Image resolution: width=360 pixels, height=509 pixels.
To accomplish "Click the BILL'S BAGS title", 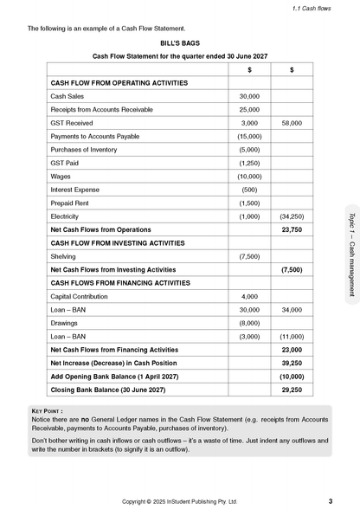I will pos(179,42).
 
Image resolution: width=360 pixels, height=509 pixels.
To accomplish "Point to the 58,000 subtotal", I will pos(292,124).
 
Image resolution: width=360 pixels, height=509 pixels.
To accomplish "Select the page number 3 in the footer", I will pos(330,500).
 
